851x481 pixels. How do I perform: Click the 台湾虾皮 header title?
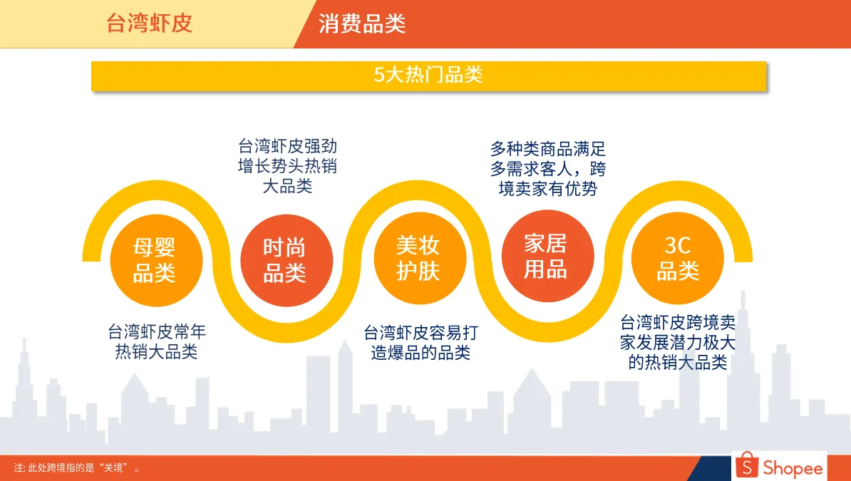[149, 24]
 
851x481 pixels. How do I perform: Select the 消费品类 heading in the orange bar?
[361, 24]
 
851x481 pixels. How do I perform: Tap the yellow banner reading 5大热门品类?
[428, 76]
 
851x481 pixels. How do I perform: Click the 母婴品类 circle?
[155, 259]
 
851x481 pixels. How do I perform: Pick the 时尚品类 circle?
[284, 259]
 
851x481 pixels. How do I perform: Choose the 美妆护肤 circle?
[418, 258]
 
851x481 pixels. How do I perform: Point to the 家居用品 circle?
[546, 257]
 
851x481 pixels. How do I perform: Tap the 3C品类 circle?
[678, 258]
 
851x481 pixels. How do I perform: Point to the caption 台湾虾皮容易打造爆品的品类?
[421, 342]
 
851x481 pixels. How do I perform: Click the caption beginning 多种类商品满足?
[547, 168]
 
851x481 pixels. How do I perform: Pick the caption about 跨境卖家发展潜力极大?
[678, 342]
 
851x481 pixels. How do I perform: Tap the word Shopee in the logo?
[793, 468]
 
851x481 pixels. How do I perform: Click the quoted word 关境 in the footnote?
[115, 468]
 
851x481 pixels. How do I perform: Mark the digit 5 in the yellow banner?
[379, 76]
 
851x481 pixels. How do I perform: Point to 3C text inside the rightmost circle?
[678, 246]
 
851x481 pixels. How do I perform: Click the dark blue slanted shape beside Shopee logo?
[713, 469]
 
